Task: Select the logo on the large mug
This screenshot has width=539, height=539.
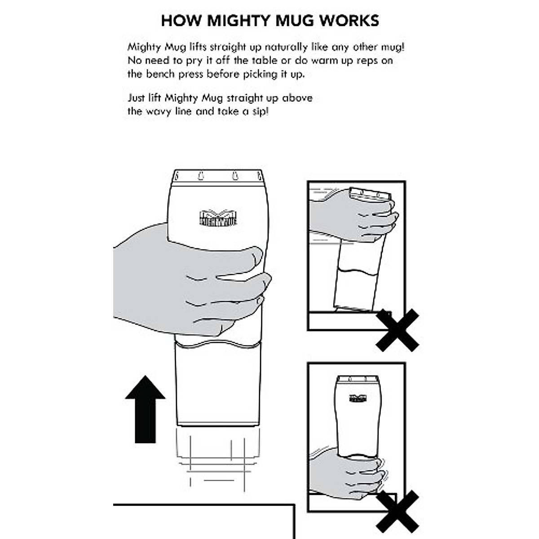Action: (x=218, y=217)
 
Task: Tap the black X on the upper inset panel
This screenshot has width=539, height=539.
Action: (x=397, y=330)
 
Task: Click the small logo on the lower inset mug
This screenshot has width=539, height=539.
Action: (x=358, y=398)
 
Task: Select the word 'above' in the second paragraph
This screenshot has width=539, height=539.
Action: (x=297, y=98)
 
